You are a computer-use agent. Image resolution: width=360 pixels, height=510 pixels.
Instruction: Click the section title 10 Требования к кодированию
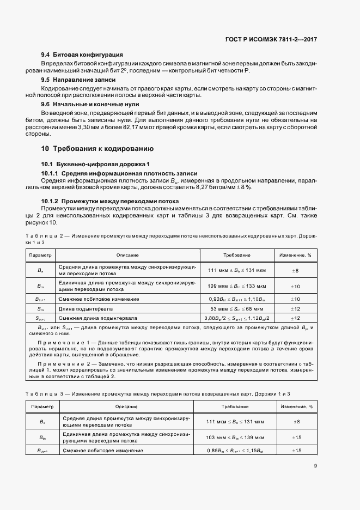(x=97, y=148)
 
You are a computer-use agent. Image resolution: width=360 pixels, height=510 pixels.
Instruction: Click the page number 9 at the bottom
(x=315, y=465)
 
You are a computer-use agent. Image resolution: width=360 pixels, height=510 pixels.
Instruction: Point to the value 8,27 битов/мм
(x=212, y=187)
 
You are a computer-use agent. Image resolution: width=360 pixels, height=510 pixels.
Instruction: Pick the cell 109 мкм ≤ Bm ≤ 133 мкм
(x=237, y=286)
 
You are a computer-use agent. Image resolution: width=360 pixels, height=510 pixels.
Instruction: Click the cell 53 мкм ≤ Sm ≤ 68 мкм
(x=237, y=308)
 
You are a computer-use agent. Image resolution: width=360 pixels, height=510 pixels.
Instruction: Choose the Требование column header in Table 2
(x=237, y=255)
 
